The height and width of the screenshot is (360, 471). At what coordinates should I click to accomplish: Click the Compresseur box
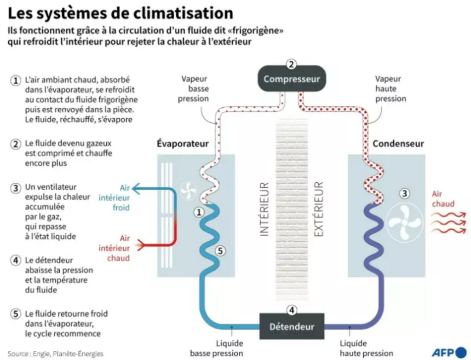(291, 79)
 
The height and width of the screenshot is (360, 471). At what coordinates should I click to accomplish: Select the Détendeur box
(292, 326)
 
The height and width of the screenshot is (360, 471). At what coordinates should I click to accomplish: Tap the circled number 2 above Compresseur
(291, 64)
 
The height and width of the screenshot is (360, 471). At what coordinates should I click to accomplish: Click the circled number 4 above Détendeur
(292, 310)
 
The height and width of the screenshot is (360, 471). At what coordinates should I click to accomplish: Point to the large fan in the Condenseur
(404, 221)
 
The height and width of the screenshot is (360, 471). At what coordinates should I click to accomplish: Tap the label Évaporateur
(183, 144)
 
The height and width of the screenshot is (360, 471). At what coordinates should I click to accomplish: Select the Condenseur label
(398, 144)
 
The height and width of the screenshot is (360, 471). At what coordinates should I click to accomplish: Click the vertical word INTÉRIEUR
(264, 209)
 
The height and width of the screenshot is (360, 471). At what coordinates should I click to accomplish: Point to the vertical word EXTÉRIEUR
(318, 209)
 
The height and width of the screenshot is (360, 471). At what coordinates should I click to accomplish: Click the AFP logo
(449, 352)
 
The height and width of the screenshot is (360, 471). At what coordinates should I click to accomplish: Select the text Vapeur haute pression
(391, 89)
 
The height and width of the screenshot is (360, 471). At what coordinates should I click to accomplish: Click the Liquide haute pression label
(366, 348)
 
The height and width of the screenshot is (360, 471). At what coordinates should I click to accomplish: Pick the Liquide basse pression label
(216, 348)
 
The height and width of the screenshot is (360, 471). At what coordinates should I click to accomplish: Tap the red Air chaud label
(443, 199)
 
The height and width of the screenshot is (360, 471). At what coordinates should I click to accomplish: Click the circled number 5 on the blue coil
(220, 251)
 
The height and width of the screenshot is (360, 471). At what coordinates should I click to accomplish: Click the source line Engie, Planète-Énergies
(55, 354)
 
